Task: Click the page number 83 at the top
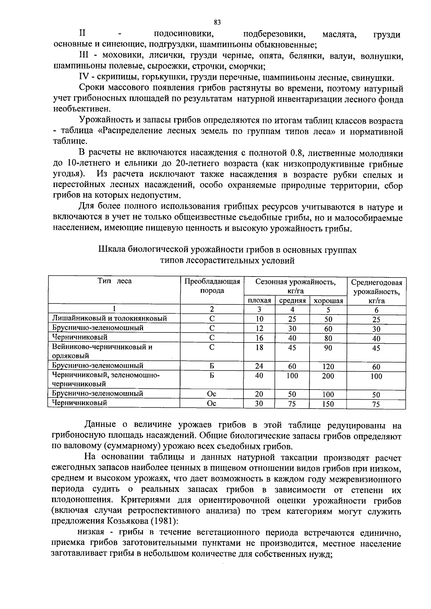pos(217,22)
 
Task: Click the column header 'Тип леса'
pos(115,281)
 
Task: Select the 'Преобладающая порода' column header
pos(212,286)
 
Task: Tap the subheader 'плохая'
pos(259,301)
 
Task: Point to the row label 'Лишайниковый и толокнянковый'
pos(110,319)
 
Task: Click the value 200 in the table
pos(328,376)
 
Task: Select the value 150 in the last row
pos(328,404)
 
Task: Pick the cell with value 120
pos(328,366)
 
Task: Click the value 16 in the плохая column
pos(259,338)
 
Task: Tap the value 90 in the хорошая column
pos(328,348)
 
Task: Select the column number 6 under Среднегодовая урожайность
pos(376,310)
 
